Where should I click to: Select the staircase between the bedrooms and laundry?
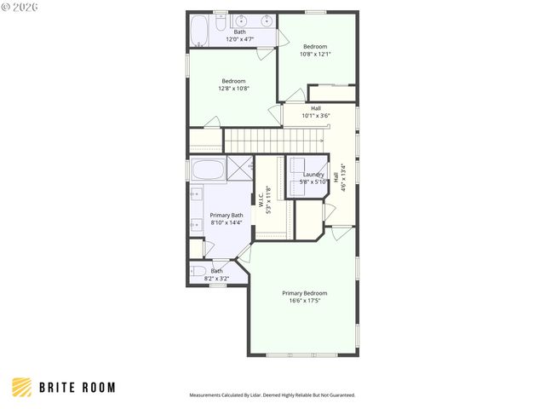252,138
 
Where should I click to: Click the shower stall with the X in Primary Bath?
240,169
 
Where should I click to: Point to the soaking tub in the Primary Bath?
207,169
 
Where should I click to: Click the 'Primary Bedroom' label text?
304,293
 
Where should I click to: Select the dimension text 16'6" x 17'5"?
304,301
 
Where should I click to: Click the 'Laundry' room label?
313,174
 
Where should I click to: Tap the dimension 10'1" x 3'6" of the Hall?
315,116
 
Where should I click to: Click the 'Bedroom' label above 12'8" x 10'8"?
232,81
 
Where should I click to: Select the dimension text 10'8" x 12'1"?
315,54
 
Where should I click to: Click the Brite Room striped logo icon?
22,388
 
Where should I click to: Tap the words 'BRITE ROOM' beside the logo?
77,388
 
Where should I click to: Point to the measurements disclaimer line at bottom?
272,395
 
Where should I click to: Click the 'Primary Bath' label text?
227,216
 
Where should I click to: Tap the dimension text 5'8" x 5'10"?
313,181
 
